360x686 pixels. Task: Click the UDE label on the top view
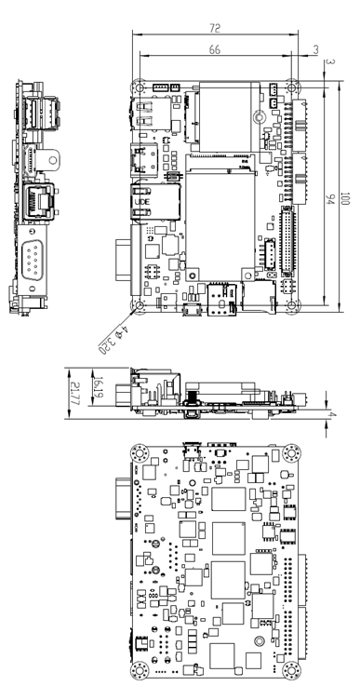tap(141, 201)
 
